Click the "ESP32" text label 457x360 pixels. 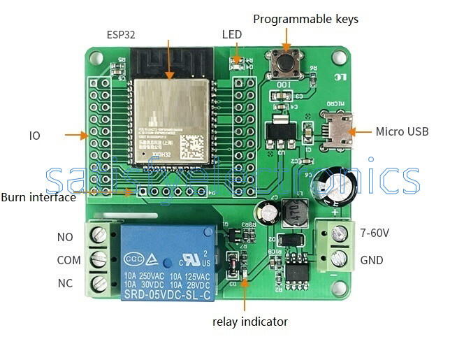pos(120,34)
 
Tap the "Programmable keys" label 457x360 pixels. pos(305,19)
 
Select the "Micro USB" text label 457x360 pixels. pos(402,131)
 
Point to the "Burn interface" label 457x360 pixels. pos(38,197)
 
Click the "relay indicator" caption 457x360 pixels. pos(249,322)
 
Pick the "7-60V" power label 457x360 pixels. pos(376,231)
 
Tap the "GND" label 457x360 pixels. pos(371,259)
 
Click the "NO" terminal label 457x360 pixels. pos(64,237)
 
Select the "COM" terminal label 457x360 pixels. pos(68,260)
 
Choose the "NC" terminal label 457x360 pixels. pos(64,284)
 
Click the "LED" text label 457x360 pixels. pos(232,34)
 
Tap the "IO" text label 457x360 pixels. pos(34,135)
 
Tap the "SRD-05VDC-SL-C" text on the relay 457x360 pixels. pos(167,295)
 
